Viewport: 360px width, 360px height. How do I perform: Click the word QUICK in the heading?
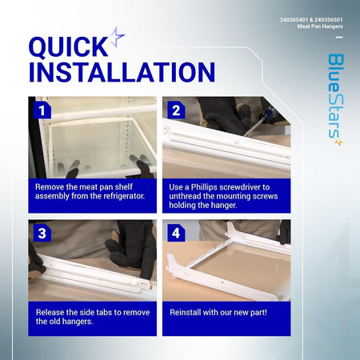(68, 47)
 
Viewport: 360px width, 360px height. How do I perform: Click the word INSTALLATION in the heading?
(122, 72)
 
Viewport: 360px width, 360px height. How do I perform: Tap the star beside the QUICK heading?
(117, 37)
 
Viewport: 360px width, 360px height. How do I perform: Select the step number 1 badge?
(42, 110)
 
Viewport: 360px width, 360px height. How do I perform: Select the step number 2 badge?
(176, 110)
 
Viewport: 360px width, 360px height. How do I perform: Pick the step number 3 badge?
(42, 233)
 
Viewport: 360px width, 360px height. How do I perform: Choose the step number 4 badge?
(176, 233)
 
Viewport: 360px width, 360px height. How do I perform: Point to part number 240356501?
(329, 20)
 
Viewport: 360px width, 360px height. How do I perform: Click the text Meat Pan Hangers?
(320, 26)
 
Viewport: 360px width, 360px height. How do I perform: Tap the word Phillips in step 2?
(204, 187)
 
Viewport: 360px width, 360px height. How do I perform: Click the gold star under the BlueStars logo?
(338, 142)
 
